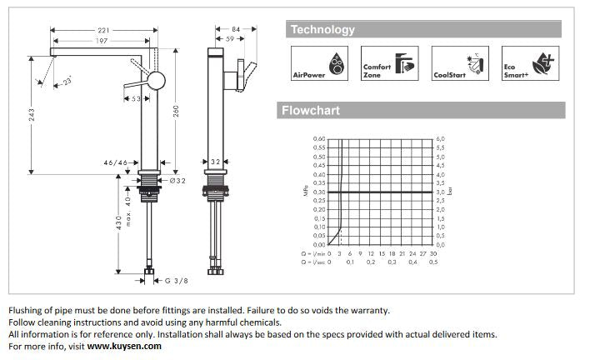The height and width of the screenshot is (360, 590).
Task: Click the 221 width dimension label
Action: [x=103, y=30]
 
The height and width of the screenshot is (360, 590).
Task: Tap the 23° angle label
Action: [x=66, y=82]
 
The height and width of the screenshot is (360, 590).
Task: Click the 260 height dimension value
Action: [x=176, y=112]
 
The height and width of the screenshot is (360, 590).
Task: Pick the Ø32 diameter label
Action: [x=176, y=180]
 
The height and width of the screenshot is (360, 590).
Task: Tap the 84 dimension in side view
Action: [x=236, y=30]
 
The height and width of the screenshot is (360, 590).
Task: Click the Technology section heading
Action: [x=322, y=30]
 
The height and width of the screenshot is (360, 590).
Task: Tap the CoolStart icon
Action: [x=456, y=63]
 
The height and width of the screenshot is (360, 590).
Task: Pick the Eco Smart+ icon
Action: [x=526, y=63]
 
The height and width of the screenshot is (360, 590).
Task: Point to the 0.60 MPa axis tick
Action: [x=319, y=138]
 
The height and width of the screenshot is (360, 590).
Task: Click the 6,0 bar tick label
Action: [x=440, y=138]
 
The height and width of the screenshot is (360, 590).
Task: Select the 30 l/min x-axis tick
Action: [x=422, y=252]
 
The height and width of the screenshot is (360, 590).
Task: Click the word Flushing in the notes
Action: [x=27, y=310]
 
